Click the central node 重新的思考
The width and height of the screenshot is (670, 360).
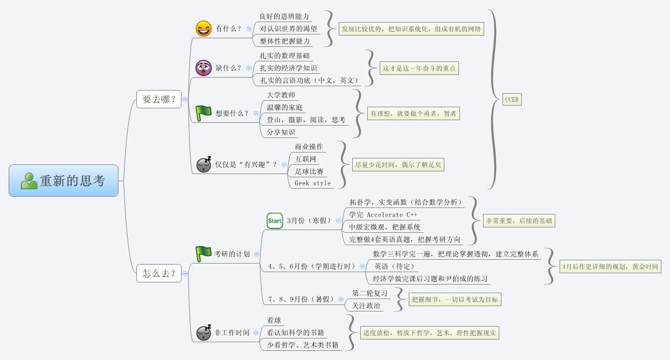coord(64,181)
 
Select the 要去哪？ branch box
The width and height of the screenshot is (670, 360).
coord(158,99)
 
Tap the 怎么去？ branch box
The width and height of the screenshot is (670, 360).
coord(158,273)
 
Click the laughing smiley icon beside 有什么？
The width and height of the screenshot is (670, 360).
coord(204,29)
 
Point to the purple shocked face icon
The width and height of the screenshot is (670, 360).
coord(204,68)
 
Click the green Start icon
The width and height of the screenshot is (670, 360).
coord(275,220)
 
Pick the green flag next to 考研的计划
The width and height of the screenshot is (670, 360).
coord(204,253)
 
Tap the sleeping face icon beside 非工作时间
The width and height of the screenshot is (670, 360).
coord(204,333)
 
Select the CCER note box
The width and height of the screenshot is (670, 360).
coord(512,100)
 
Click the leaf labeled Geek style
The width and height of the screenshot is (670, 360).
coord(312,183)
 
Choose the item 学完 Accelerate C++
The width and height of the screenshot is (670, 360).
coord(383,214)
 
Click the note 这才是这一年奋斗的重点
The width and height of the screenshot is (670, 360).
coord(419,68)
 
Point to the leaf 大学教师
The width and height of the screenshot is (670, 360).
coord(281,95)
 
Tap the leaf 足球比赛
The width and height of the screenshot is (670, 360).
coord(309,171)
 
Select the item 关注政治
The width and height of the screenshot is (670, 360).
coord(366,306)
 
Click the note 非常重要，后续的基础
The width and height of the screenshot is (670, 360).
coord(518,220)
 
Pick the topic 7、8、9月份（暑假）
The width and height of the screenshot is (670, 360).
coord(299,299)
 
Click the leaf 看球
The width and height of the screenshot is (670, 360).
coord(274,320)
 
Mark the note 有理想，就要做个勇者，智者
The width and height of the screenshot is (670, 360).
coord(413,113)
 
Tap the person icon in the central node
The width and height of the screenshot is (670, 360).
coord(29,181)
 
